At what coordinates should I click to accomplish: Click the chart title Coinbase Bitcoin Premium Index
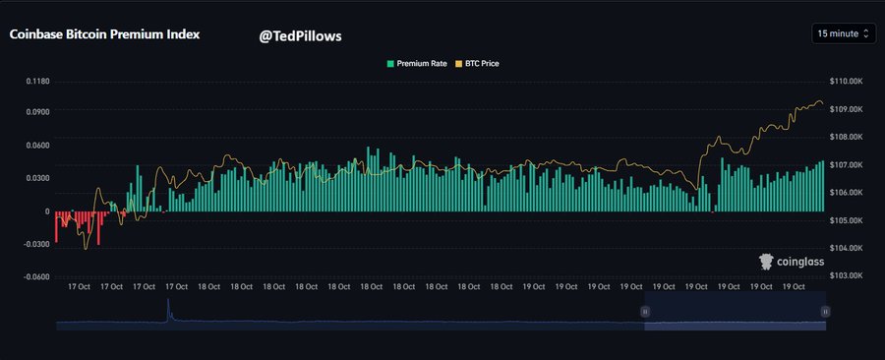(x=104, y=33)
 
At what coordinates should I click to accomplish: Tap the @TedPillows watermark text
(x=300, y=35)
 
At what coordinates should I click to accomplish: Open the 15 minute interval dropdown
(x=843, y=33)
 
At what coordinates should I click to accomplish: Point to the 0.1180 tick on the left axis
(x=37, y=81)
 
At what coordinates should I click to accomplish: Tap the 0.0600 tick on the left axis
(x=37, y=146)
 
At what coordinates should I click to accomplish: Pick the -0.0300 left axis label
(x=35, y=244)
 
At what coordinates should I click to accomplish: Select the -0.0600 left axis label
(x=35, y=276)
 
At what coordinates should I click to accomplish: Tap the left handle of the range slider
(x=645, y=311)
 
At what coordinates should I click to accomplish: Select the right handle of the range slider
(x=825, y=311)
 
